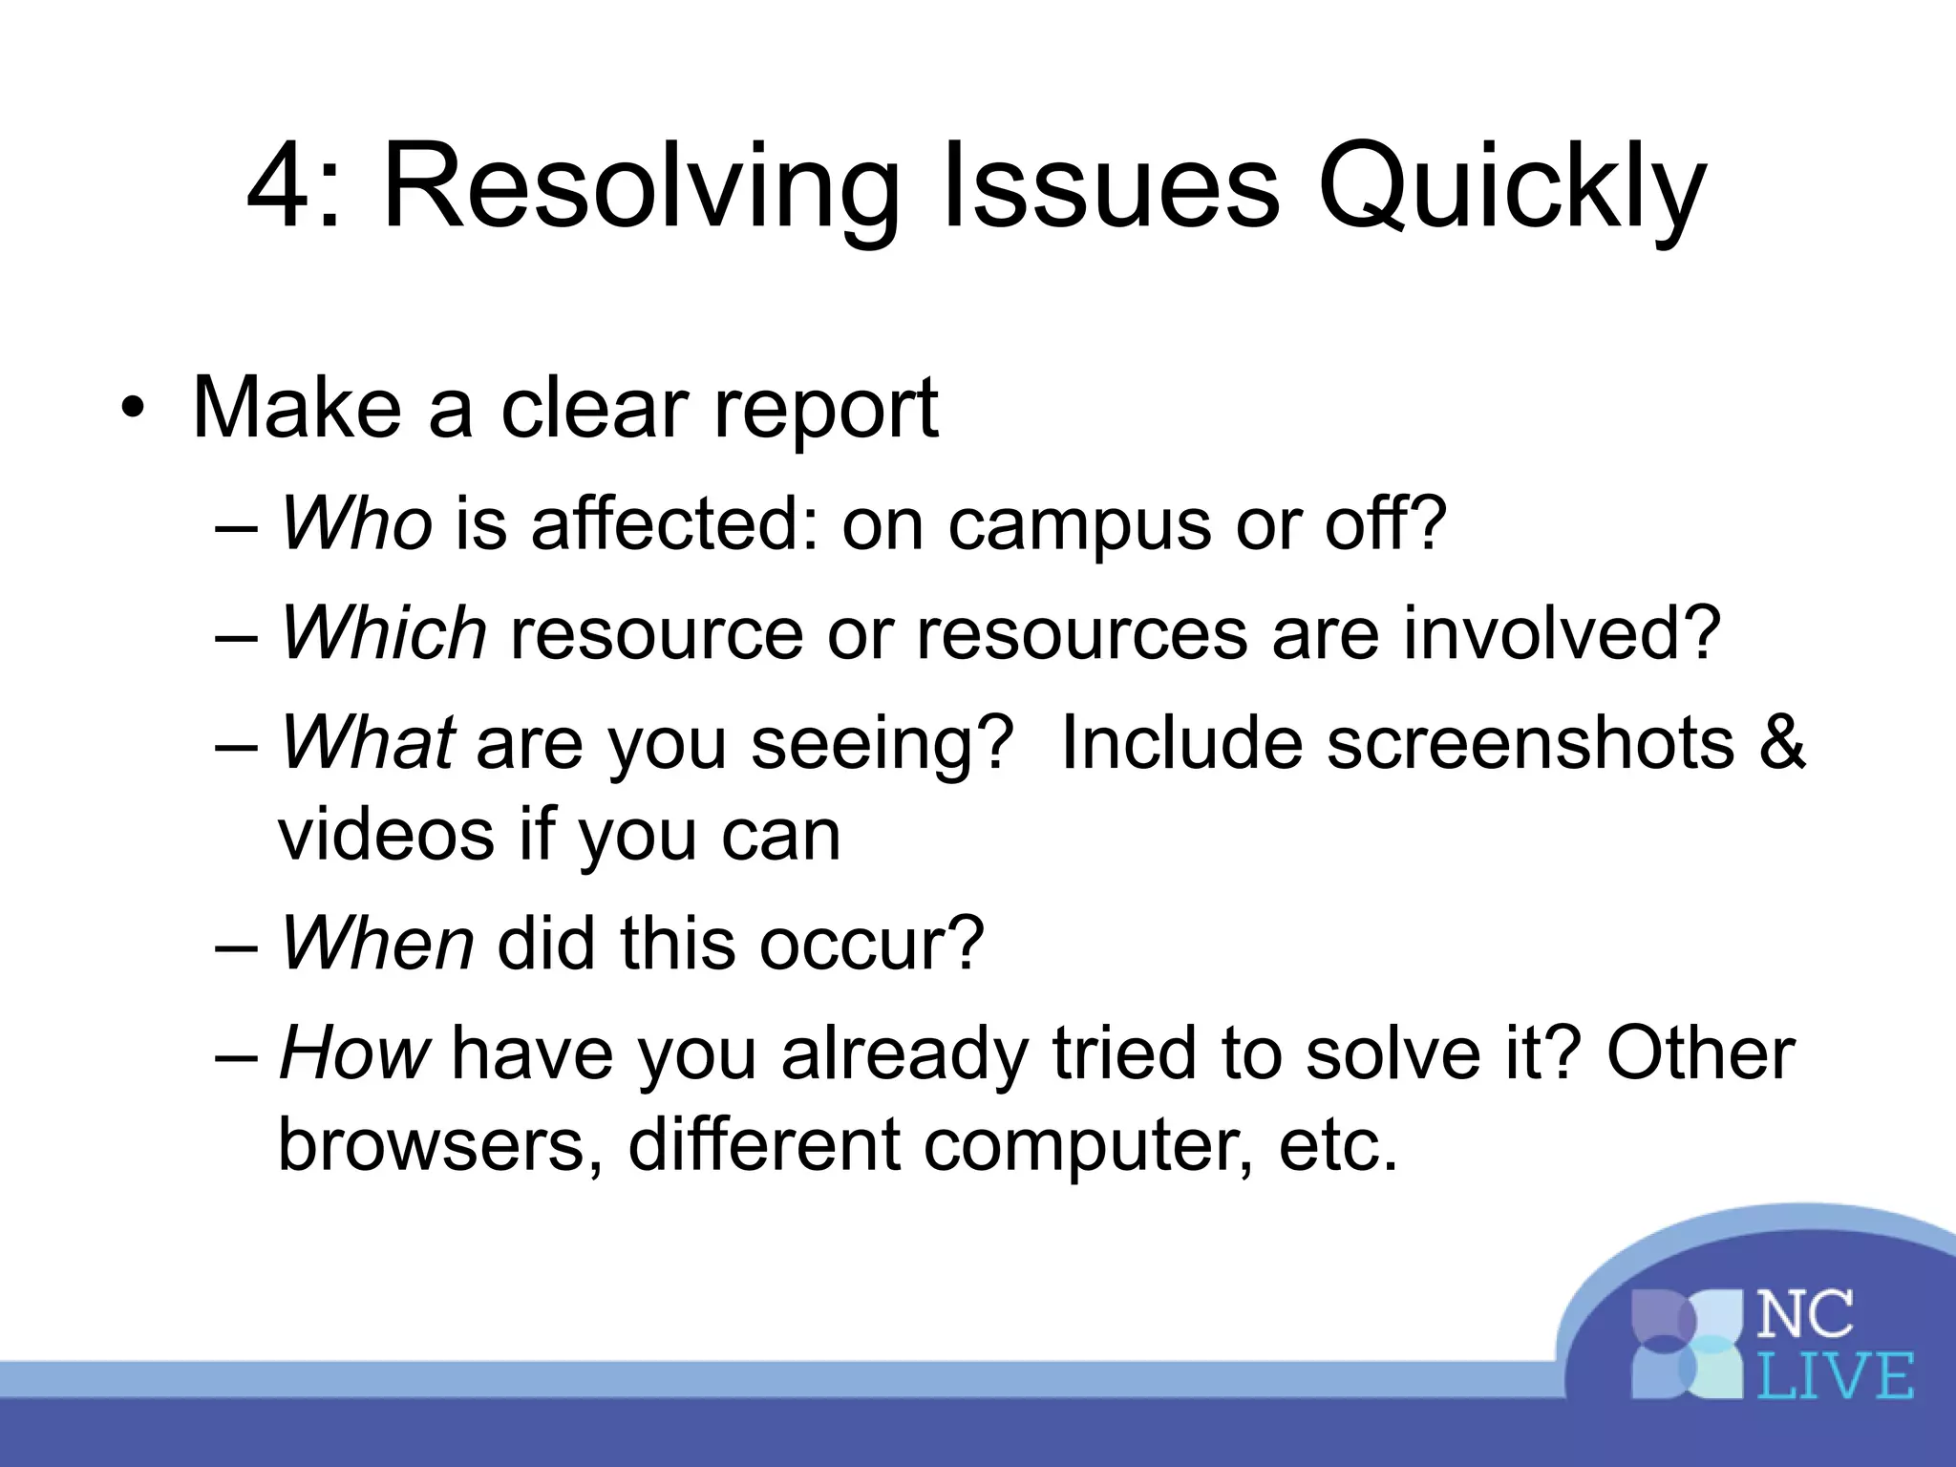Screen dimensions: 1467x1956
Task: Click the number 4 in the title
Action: point(283,187)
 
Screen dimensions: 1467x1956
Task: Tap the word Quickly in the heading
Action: point(1511,187)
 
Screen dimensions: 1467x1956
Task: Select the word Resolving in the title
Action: point(640,187)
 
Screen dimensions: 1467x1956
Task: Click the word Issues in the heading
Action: point(1110,187)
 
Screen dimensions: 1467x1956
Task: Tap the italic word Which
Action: point(384,633)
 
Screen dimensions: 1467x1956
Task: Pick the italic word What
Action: point(367,743)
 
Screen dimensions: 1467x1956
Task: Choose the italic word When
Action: point(376,944)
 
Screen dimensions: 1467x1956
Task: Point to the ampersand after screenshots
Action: point(1781,743)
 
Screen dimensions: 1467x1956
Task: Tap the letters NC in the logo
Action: point(1805,1315)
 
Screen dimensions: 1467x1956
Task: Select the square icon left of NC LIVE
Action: point(1689,1346)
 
